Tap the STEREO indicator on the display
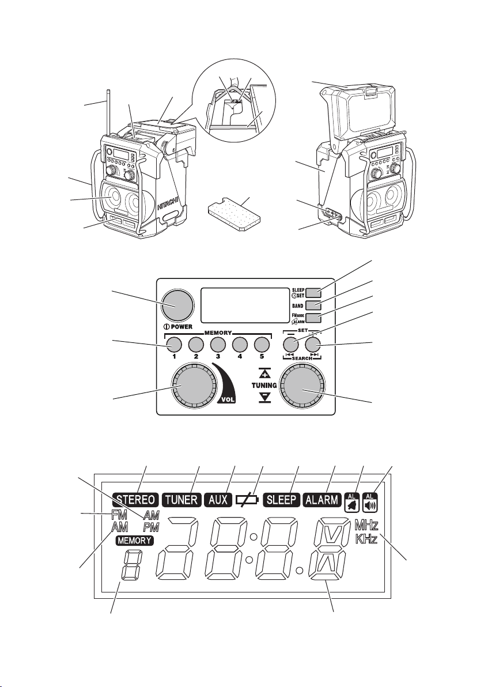(135, 500)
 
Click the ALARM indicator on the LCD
(322, 500)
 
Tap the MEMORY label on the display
(135, 541)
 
